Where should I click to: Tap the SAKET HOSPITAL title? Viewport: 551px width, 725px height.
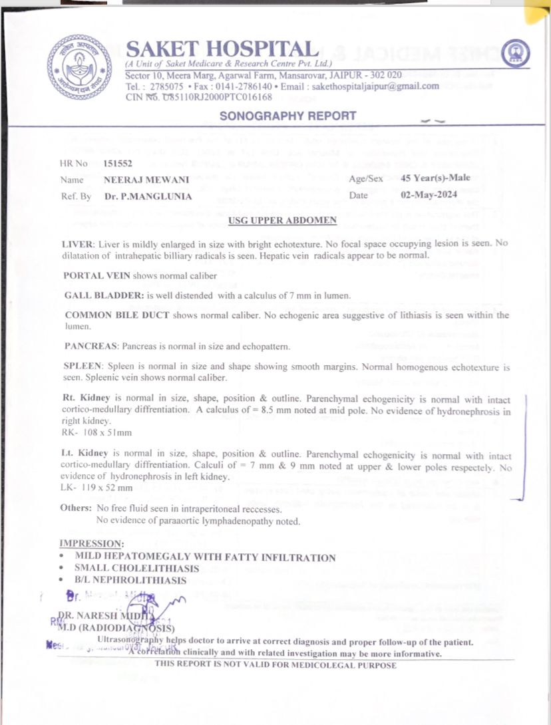coord(222,49)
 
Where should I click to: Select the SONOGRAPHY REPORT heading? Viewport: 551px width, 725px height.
coord(288,116)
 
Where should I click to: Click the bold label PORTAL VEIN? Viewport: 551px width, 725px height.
coord(96,275)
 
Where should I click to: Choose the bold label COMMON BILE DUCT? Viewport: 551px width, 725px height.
coord(116,315)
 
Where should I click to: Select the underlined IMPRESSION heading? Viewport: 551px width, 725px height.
coord(92,543)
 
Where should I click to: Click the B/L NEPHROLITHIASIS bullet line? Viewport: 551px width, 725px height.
coord(130,581)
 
